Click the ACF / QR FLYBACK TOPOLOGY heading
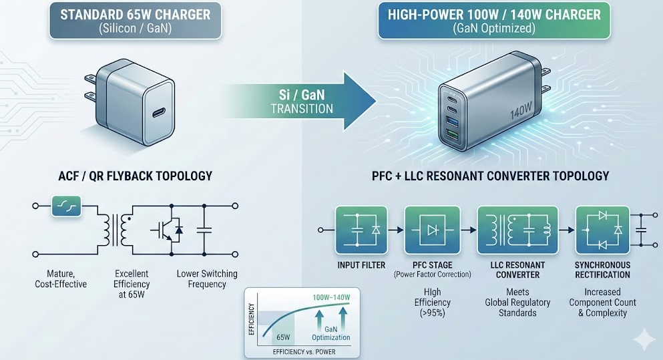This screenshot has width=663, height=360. pos(136,176)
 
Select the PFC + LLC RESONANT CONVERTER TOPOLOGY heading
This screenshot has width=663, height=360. pos(490,176)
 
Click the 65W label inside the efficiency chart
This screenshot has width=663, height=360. pos(283,337)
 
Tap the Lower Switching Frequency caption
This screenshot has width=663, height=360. pos(206,279)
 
